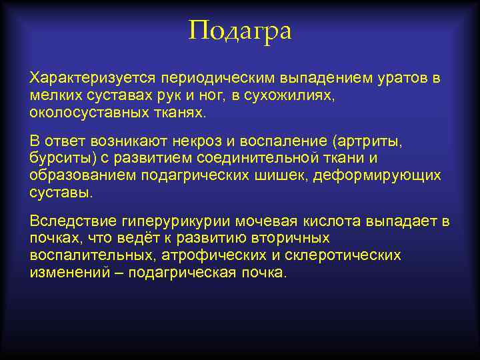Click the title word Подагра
pos(240,31)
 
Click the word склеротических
pos(345,255)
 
